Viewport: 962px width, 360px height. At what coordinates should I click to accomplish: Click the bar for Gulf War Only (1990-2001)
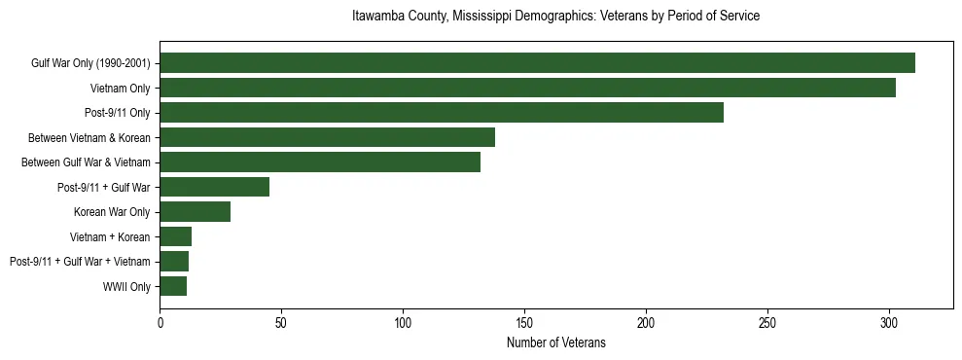coord(537,63)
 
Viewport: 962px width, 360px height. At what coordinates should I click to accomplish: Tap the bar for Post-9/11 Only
coord(442,113)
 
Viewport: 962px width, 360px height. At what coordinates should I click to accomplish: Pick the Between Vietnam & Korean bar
coord(327,137)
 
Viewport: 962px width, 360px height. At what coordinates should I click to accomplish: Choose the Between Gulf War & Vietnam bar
coord(320,162)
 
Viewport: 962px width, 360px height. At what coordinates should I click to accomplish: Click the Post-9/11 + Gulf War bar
coord(214,187)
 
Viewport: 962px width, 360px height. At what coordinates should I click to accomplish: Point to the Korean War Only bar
coord(195,212)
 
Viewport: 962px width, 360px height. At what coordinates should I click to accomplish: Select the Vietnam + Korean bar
coord(175,236)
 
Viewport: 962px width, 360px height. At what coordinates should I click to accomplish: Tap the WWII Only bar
coord(173,286)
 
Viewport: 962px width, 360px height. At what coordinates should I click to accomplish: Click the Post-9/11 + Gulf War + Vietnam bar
coord(174,262)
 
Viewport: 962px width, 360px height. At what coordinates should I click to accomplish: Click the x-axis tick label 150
coord(524,323)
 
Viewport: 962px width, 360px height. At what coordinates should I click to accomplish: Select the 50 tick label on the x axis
coord(281,323)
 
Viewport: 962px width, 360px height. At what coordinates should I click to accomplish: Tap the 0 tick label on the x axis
coord(160,323)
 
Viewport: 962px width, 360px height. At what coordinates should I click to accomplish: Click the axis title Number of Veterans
coord(555,342)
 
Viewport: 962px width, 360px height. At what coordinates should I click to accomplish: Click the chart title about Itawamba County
coord(555,17)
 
